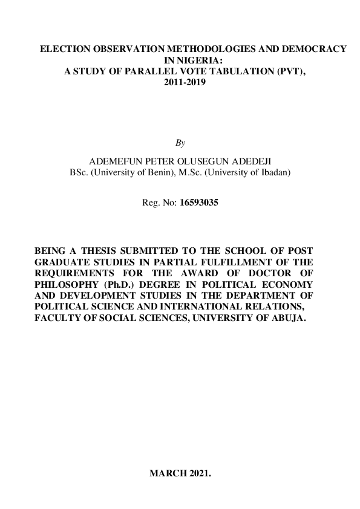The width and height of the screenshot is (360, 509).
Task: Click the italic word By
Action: (180, 143)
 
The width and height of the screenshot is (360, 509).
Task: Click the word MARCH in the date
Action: (166, 473)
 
